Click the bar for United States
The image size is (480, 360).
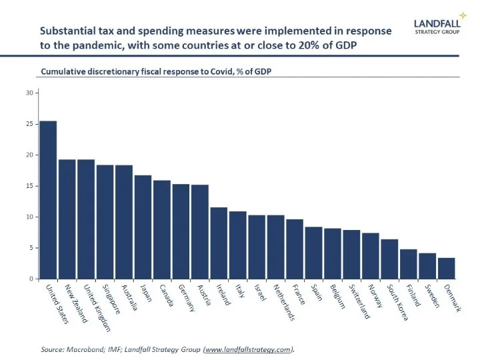[x=48, y=200]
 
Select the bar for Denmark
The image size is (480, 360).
[x=446, y=268]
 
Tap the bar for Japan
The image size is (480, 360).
[x=143, y=227]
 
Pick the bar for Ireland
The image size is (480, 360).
[x=219, y=243]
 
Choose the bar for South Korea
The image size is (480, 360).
[x=389, y=259]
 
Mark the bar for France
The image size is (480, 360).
[x=295, y=249]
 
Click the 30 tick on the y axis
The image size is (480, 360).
[x=29, y=93]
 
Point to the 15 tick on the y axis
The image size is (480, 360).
[x=29, y=186]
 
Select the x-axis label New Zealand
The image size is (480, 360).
[x=75, y=303]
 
